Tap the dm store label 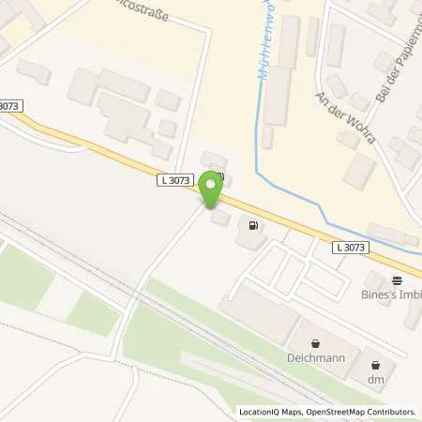coord(377,379)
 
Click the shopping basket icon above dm coord(377,365)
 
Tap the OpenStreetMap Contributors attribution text coord(365,412)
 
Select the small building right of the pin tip coord(220,217)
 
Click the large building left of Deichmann coord(258,311)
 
